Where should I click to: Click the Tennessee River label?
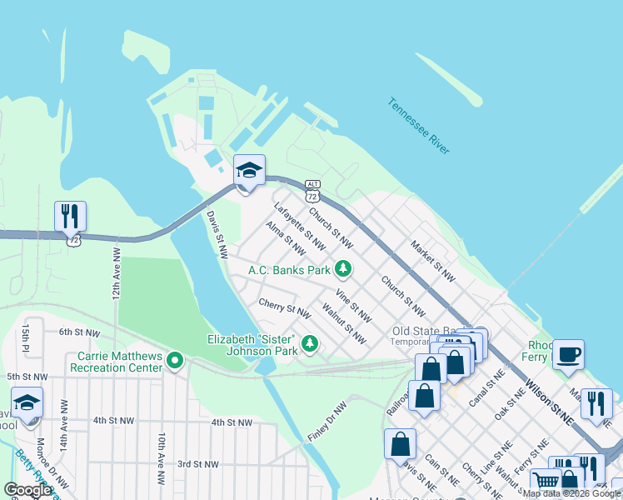(x=418, y=126)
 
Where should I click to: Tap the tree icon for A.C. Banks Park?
(x=342, y=268)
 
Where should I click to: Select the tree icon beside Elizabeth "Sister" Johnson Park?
(x=310, y=343)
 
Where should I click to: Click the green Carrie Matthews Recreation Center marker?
(x=174, y=361)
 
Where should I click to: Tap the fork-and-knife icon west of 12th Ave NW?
(x=70, y=216)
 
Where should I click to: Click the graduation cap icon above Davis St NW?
(x=248, y=170)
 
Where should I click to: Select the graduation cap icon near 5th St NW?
(x=27, y=402)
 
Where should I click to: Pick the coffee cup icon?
(x=568, y=354)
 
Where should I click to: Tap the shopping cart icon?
(x=546, y=480)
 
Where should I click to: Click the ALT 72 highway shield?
(x=312, y=191)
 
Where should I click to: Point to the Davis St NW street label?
(x=217, y=234)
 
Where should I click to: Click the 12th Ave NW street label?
(x=116, y=272)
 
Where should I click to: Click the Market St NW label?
(x=432, y=259)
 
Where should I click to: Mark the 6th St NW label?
(x=79, y=332)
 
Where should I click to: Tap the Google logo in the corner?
(x=27, y=490)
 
